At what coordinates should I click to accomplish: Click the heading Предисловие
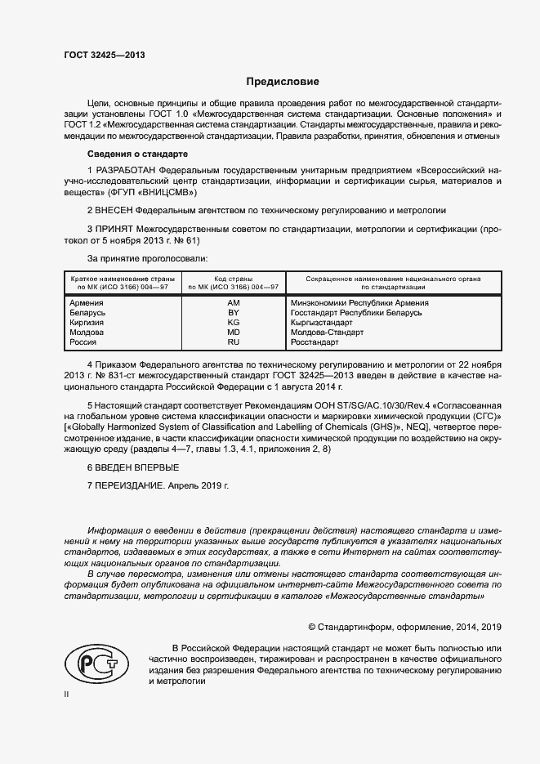pyautogui.click(x=283, y=82)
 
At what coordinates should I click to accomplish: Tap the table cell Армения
pyautogui.click(x=87, y=303)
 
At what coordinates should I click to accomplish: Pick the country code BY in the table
pyautogui.click(x=233, y=313)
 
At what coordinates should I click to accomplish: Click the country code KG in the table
pyautogui.click(x=233, y=323)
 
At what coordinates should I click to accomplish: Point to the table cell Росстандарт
pyautogui.click(x=314, y=342)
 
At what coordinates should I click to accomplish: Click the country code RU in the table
pyautogui.click(x=233, y=342)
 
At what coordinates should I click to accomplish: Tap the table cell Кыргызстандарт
pyautogui.click(x=321, y=323)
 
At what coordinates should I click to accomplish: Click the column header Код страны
pyautogui.click(x=233, y=279)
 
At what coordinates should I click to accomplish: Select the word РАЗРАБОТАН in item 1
pyautogui.click(x=127, y=169)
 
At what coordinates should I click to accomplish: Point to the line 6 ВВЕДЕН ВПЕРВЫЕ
pyautogui.click(x=132, y=467)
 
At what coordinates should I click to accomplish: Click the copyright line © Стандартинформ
pyautogui.click(x=404, y=627)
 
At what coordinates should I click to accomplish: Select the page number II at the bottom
pyautogui.click(x=66, y=694)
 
